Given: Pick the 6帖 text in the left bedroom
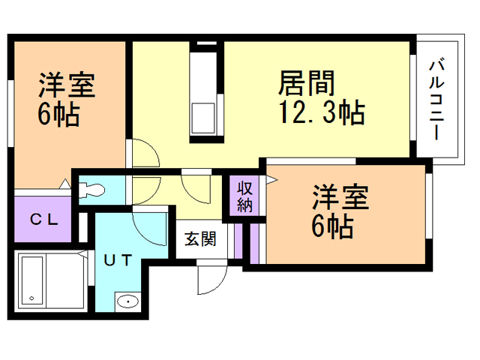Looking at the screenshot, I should [58, 116].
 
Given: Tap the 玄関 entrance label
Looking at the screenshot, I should [200, 240].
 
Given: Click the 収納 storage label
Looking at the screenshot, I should [244, 196].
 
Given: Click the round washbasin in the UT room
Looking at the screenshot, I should [127, 302].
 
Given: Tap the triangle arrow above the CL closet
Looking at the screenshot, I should [65, 184].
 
